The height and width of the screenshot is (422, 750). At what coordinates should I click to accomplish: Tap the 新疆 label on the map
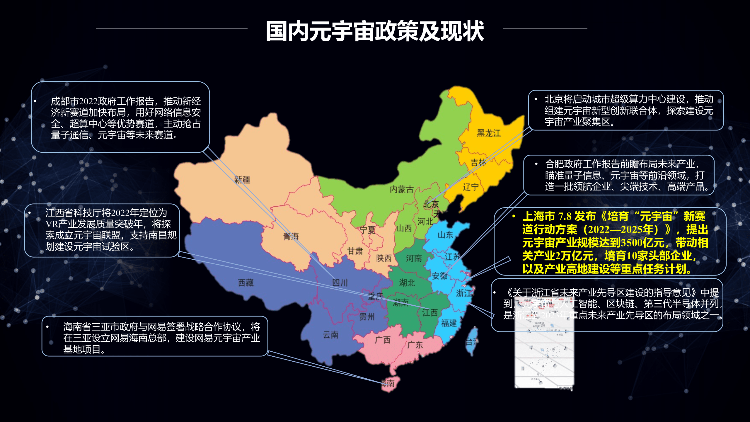242,180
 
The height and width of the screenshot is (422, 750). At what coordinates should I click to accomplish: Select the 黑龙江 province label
489,133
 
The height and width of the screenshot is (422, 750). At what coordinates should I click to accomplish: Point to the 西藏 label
246,283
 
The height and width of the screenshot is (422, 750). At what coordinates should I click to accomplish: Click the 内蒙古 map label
402,189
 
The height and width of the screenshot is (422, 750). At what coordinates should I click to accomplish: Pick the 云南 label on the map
331,335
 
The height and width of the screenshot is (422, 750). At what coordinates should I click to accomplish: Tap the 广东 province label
415,345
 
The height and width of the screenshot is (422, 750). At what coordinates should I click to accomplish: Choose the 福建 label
449,323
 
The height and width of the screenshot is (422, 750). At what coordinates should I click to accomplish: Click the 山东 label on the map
445,235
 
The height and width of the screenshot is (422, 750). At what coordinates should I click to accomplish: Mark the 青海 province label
291,236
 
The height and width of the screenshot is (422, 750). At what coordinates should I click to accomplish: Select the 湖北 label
407,283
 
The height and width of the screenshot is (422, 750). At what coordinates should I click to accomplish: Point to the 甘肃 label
355,251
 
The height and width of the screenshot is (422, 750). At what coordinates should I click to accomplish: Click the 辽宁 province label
471,187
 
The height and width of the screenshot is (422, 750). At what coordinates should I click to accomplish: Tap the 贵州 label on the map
367,316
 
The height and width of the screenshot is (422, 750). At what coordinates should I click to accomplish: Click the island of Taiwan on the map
472,340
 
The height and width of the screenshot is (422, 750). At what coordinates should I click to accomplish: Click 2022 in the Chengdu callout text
88,101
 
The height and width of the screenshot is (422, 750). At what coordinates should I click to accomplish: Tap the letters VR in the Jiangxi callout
52,224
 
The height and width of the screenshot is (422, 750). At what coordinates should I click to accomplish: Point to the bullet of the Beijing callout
536,99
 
